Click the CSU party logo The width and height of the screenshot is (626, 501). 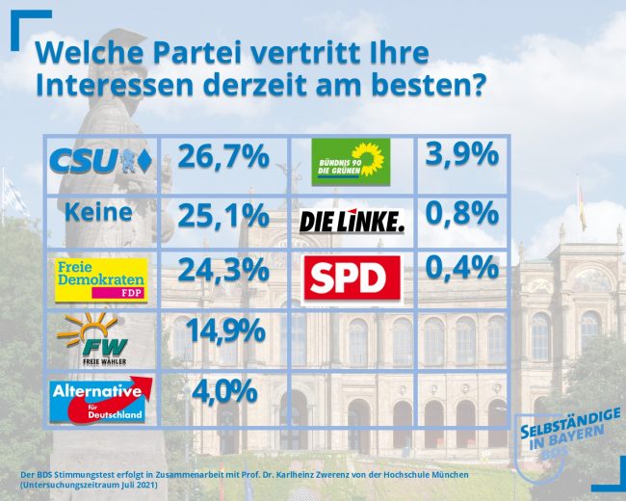98,161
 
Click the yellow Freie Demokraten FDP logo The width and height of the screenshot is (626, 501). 100,277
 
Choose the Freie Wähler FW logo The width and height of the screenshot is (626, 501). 100,338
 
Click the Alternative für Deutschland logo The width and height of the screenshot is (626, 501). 100,400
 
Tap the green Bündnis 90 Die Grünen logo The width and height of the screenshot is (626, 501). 352,162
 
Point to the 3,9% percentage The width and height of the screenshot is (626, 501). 460,155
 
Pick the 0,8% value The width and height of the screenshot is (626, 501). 460,212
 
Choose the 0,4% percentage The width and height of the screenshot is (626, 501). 460,269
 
